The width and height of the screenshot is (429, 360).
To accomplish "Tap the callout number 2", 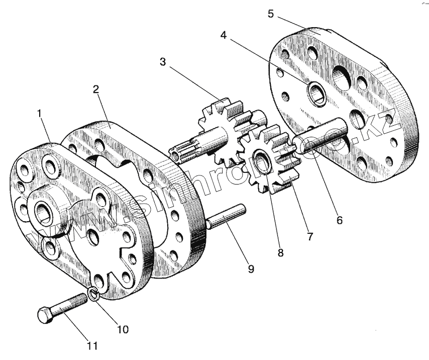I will (95, 90).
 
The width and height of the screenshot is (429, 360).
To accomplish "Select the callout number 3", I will (162, 62).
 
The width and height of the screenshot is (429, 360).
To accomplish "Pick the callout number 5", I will (270, 14).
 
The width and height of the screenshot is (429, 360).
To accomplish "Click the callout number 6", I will (340, 220).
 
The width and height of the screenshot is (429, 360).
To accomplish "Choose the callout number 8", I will (280, 253).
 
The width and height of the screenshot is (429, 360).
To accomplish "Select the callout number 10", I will (123, 329).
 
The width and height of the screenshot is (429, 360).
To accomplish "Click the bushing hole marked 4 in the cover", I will (317, 92).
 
